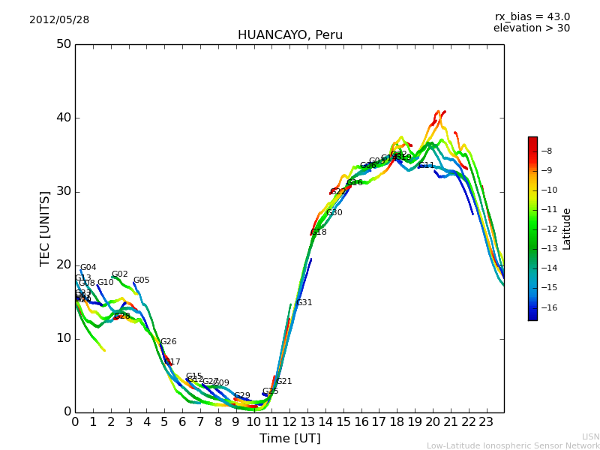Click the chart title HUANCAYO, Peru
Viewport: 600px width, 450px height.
pos(289,35)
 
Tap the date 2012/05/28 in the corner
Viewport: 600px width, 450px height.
pos(59,20)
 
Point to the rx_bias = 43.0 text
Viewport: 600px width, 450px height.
pos(532,17)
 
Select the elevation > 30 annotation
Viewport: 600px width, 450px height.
pos(531,28)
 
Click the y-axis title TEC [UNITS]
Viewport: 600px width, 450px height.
pos(46,228)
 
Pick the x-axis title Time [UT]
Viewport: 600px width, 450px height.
pos(289,439)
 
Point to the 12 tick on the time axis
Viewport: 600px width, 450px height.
pos(289,421)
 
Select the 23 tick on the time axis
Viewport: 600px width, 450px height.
pos(486,421)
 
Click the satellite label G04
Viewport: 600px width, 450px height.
pos(88,268)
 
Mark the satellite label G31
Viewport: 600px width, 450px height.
pos(304,303)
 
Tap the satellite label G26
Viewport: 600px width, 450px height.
pos(168,342)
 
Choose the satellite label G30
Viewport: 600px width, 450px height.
pos(334,213)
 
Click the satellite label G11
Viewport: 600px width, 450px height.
pos(426,166)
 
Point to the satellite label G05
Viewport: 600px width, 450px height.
pos(141,280)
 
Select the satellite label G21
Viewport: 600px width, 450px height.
pos(283,382)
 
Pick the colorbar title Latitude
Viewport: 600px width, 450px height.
pos(567,229)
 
